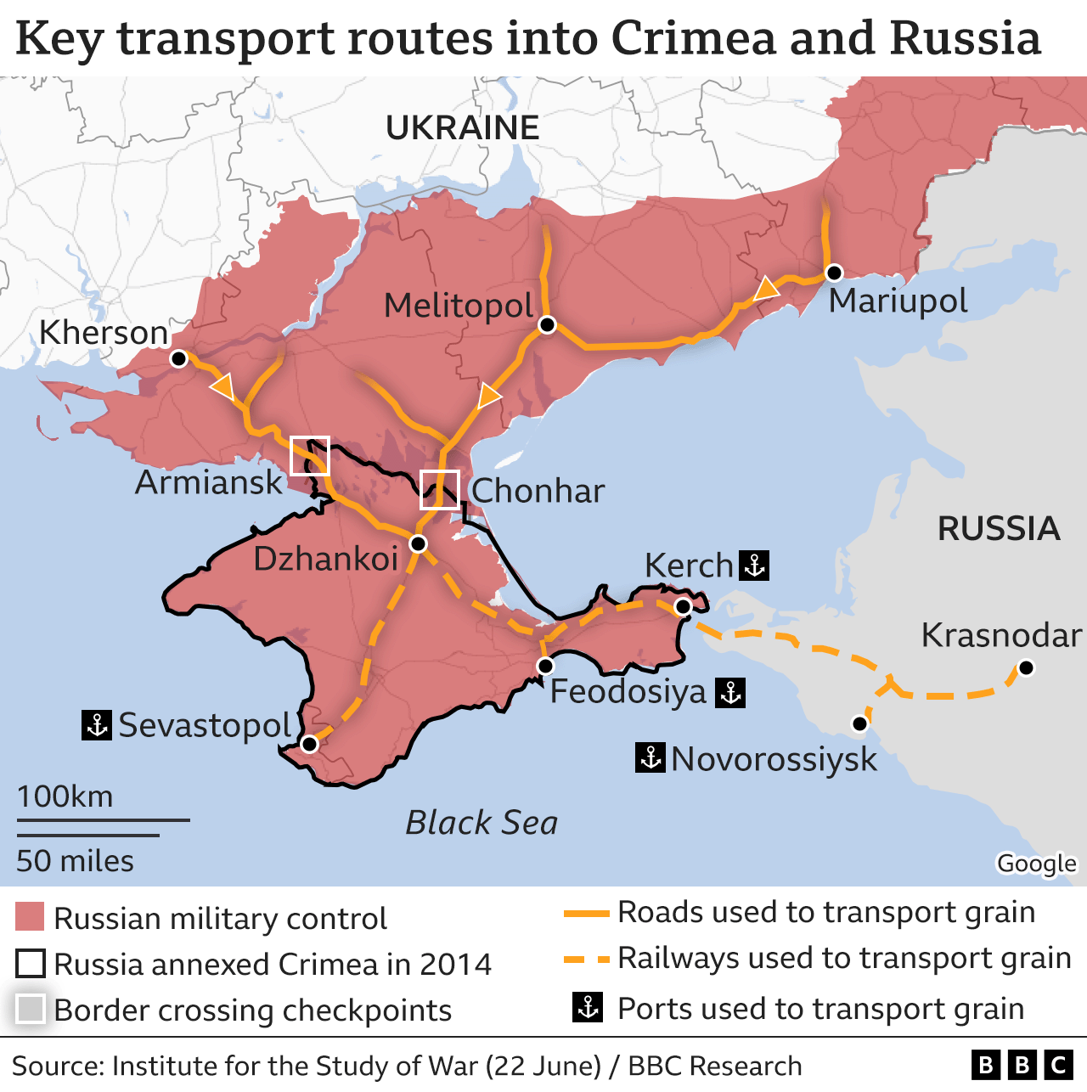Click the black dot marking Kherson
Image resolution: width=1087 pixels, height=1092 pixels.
pyautogui.click(x=178, y=359)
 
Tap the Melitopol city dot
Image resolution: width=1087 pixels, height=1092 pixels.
pyautogui.click(x=548, y=325)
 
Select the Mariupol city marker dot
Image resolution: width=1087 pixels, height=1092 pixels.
pyautogui.click(x=834, y=273)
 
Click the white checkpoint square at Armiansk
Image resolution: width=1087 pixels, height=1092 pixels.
pyautogui.click(x=310, y=456)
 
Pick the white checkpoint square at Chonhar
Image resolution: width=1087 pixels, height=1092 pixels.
pyautogui.click(x=440, y=490)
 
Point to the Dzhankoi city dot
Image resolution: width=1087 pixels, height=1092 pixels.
pyautogui.click(x=418, y=543)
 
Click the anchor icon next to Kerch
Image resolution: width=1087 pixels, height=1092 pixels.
pyautogui.click(x=754, y=565)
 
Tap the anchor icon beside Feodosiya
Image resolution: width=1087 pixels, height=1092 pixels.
pyautogui.click(x=730, y=693)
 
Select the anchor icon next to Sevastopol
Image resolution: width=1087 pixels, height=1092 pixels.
pyautogui.click(x=97, y=725)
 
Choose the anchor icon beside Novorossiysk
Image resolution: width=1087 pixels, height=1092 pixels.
pyautogui.click(x=651, y=757)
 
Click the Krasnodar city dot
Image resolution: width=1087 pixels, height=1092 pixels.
pyautogui.click(x=1026, y=667)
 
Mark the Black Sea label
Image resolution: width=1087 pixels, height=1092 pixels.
pyautogui.click(x=482, y=823)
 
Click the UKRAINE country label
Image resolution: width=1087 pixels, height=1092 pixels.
pyautogui.click(x=462, y=128)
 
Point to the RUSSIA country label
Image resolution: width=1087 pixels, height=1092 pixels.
pyautogui.click(x=999, y=529)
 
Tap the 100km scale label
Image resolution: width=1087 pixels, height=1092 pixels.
pyautogui.click(x=65, y=796)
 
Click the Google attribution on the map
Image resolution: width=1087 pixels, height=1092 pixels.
pyautogui.click(x=1036, y=864)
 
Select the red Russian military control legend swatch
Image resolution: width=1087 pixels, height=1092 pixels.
pyautogui.click(x=30, y=918)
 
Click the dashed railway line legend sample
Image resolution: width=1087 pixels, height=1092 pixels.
pyautogui.click(x=587, y=959)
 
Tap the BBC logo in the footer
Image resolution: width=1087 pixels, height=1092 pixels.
pyautogui.click(x=1022, y=1065)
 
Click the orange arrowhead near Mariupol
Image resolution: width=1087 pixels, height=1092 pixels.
pyautogui.click(x=766, y=289)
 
